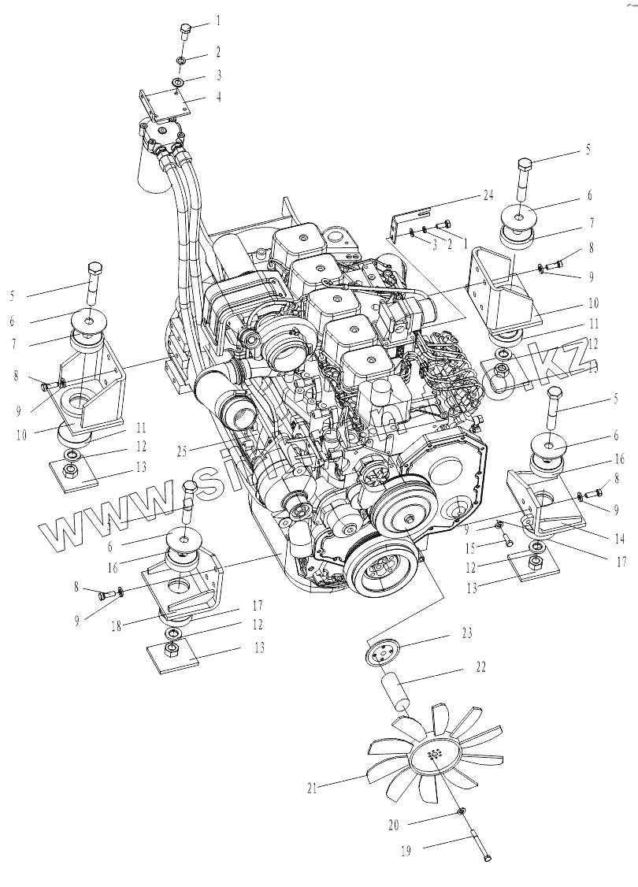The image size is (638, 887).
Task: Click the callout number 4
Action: tap(219, 98)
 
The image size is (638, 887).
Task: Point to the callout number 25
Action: tap(183, 451)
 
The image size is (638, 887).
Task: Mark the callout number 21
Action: tap(313, 787)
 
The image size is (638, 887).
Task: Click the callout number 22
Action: tap(481, 666)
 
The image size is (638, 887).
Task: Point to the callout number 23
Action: tap(467, 632)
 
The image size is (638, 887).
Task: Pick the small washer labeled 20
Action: tap(461, 812)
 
